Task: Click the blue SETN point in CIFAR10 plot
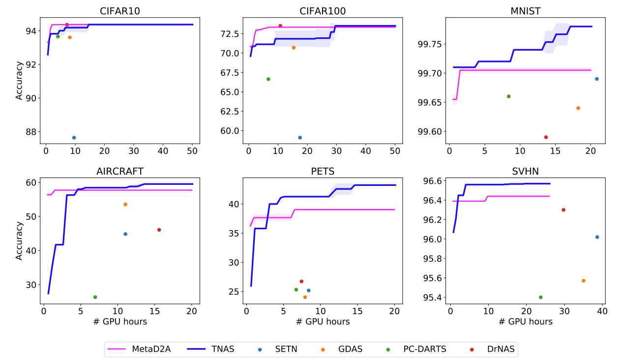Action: tap(74, 138)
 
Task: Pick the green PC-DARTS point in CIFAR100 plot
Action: tap(268, 79)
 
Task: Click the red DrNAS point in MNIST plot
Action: tap(546, 137)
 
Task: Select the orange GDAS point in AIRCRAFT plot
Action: tap(125, 205)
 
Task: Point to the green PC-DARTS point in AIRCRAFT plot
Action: tap(95, 297)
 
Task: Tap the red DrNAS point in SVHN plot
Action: tap(563, 210)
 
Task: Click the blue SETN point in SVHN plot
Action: tap(597, 237)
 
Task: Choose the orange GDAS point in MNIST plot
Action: tap(578, 108)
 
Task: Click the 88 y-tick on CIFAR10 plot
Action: tap(31, 132)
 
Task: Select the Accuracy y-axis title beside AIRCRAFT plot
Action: tap(19, 240)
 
